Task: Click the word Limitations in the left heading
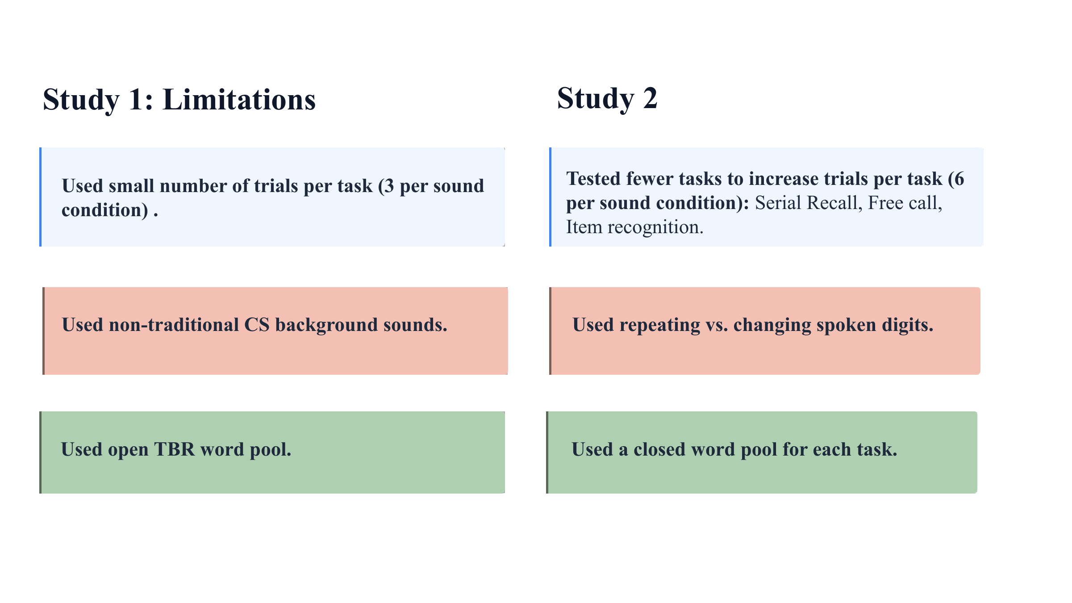point(239,99)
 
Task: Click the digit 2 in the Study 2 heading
point(650,98)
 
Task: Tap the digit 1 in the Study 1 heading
point(136,99)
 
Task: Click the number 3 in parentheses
point(389,186)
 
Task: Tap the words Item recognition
point(635,227)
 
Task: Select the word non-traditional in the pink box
point(174,325)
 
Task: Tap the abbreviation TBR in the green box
point(175,449)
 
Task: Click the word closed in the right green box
point(659,449)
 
